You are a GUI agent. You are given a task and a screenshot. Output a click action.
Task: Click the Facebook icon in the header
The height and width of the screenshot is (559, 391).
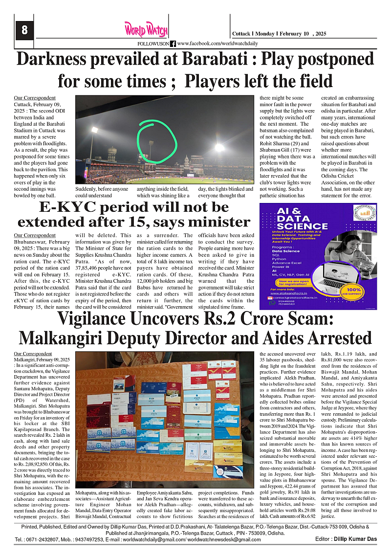click(x=173, y=44)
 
